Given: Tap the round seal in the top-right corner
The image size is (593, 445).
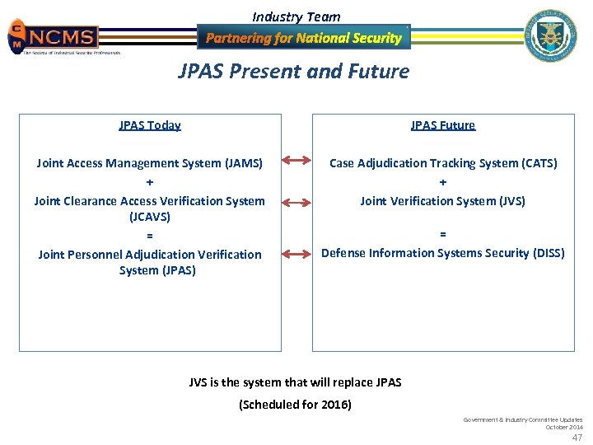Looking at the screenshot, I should pos(550,35).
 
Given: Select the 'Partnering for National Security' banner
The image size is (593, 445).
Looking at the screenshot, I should pos(303,38).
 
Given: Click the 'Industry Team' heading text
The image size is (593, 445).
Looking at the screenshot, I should pos(296,16).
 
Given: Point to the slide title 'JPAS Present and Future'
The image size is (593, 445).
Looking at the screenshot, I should pos(294,72).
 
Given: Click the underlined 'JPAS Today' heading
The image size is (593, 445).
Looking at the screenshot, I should pos(150,125).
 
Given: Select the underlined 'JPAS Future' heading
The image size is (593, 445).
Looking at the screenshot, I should pos(443,125).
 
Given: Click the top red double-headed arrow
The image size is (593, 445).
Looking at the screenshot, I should pos(296,163).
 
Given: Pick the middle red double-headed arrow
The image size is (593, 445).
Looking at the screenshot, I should pos(296,200).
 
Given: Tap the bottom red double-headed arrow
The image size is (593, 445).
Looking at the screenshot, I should pos(296,253).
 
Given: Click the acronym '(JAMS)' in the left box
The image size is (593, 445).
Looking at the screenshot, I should pos(244,164).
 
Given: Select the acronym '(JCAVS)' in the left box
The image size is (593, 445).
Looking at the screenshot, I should pos(150,218).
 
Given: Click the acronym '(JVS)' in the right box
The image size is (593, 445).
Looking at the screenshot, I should pos(510,200).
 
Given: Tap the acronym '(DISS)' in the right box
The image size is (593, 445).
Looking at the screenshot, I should pos(546,253).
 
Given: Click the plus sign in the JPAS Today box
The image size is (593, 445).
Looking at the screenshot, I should pos(150,182).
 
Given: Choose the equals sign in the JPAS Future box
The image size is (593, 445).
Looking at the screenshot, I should pos(443,235).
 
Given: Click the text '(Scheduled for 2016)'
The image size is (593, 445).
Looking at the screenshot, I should pos(295,405).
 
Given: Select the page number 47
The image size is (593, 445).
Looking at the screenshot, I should pos(577,438).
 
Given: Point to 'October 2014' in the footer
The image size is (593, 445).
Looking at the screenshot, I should pos(563,427).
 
